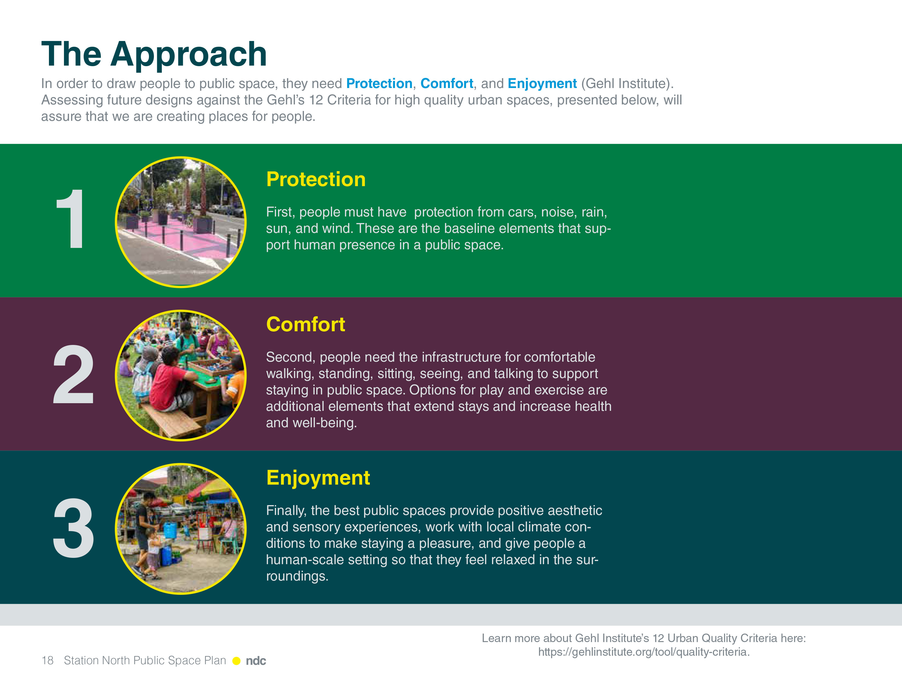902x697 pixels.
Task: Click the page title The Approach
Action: [x=154, y=54]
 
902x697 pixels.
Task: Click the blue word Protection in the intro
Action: [x=379, y=83]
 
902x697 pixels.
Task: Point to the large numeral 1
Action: [x=71, y=219]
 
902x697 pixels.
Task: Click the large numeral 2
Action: [x=74, y=374]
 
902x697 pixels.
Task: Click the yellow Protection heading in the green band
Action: [x=316, y=179]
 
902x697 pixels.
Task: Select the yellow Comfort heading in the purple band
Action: [x=306, y=324]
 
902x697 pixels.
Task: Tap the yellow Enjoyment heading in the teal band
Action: [x=318, y=478]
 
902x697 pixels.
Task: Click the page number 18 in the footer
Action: [x=48, y=661]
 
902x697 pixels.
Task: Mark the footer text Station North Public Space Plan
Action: [x=145, y=661]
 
